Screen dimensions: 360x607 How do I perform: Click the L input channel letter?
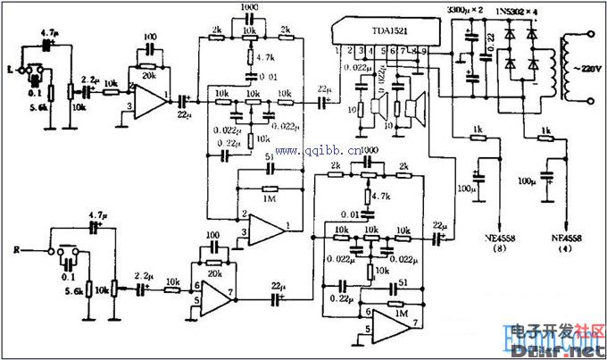click(x=9, y=68)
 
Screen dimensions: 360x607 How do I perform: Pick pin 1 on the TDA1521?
click(x=338, y=54)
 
